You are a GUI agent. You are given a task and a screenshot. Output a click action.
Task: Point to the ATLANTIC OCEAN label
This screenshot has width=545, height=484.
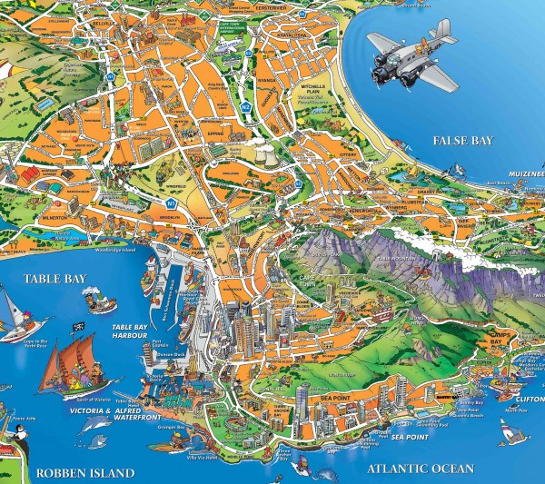pos(421,469)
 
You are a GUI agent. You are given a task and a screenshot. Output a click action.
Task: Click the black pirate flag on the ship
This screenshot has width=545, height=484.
pos(80,326)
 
